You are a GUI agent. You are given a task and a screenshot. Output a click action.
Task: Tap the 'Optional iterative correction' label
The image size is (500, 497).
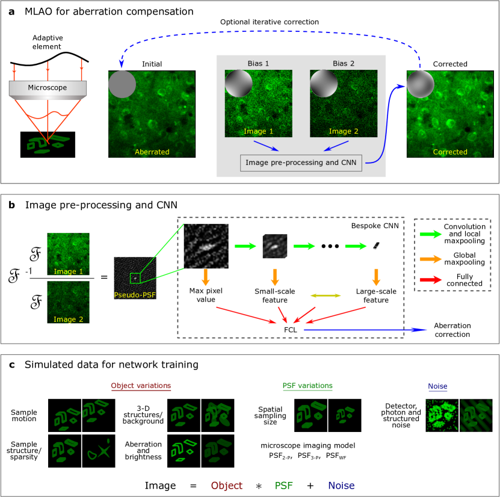269,22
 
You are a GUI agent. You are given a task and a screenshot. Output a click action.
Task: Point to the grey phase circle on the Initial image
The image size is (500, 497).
123,85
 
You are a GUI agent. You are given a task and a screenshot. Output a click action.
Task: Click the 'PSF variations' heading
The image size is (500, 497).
307,386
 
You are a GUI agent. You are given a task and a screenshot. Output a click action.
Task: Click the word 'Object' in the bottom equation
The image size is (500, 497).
222,485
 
